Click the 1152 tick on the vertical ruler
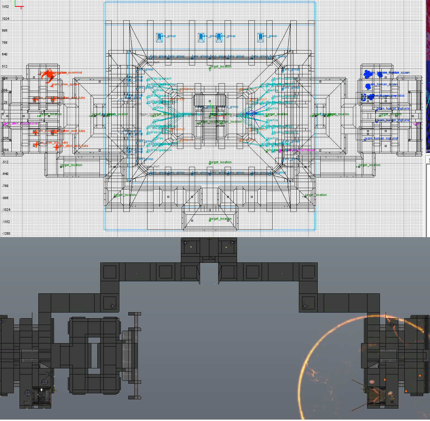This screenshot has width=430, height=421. click(x=5, y=7)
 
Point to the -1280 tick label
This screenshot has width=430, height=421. click(x=6, y=234)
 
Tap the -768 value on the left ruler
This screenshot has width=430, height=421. click(x=6, y=186)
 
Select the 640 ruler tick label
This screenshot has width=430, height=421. click(x=4, y=54)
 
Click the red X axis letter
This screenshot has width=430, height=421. click(x=22, y=7)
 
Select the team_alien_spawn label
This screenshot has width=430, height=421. click(x=65, y=85)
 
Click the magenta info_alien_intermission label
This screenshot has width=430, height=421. click(x=21, y=123)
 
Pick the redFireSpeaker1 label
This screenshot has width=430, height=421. click(x=159, y=79)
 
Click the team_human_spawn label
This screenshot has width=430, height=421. click(x=383, y=85)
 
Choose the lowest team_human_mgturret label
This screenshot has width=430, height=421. click(x=381, y=138)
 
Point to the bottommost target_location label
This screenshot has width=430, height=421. click(x=220, y=219)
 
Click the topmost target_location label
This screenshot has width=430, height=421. click(x=220, y=66)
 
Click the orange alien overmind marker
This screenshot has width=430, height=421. click(x=49, y=75)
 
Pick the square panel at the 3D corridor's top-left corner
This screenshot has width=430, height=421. click(x=109, y=272)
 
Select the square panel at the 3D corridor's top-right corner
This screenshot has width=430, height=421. click(x=308, y=272)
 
